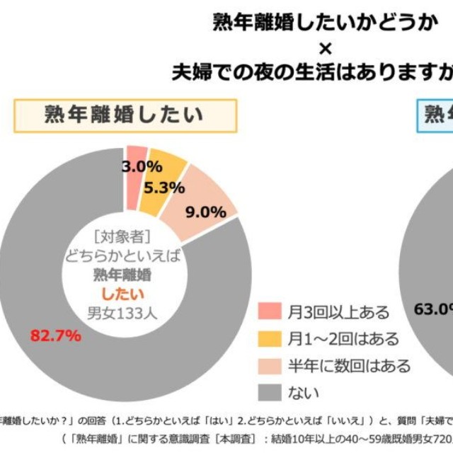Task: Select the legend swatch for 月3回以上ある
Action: click(x=270, y=311)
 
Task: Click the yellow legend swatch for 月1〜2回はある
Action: click(x=270, y=338)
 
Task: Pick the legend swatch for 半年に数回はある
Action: click(x=270, y=365)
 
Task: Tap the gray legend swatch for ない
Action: click(x=270, y=391)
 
